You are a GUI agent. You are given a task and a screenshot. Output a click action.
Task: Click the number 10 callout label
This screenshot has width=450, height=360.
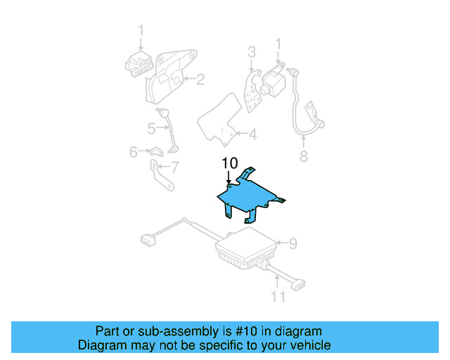(230, 163)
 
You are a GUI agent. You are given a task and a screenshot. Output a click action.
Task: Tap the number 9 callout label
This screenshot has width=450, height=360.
(293, 243)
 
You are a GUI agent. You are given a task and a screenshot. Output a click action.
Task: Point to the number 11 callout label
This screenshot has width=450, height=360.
(279, 297)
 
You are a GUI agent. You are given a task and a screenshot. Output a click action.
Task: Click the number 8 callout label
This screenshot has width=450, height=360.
(304, 156)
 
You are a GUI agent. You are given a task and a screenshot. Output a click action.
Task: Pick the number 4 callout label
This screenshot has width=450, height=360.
(252, 133)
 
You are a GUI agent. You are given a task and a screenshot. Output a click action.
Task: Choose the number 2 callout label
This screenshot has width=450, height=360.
(200, 79)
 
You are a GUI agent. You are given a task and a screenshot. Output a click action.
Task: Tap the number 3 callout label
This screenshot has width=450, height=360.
(251, 51)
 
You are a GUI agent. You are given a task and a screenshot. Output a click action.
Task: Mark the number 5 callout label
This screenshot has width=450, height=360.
(151, 128)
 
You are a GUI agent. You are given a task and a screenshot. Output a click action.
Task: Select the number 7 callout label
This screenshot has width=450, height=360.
(174, 167)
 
